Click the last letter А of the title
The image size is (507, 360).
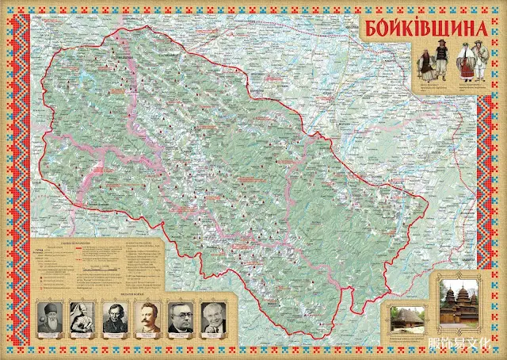tap(478, 28)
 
